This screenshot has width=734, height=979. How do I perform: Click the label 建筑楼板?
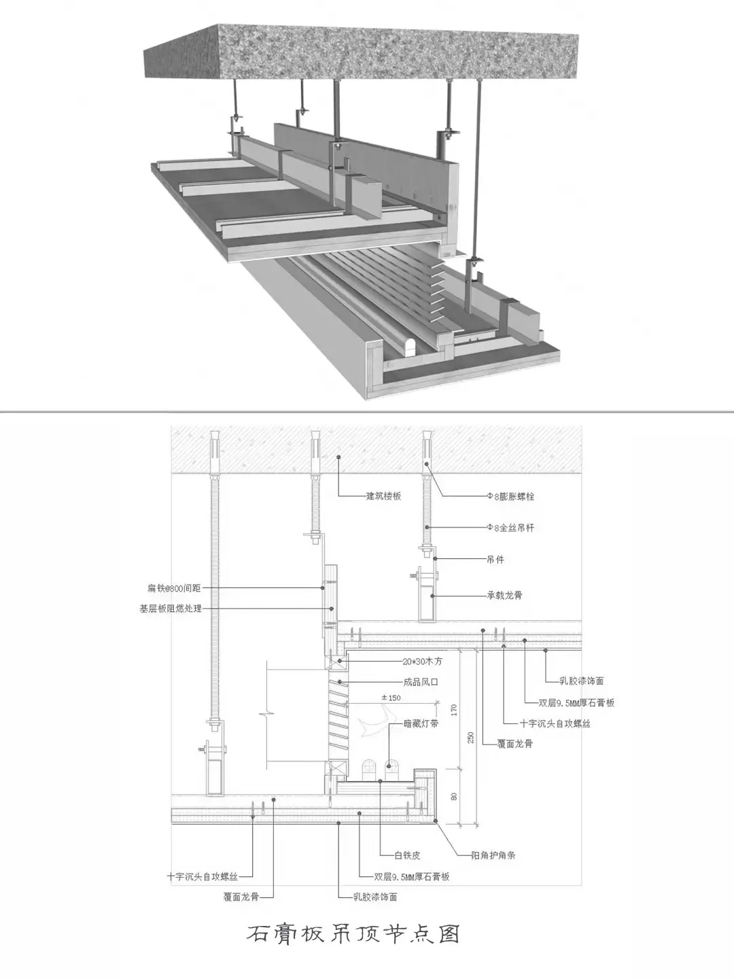[383, 496]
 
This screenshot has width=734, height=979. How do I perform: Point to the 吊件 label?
[495, 560]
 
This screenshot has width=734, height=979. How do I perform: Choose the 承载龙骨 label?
[504, 596]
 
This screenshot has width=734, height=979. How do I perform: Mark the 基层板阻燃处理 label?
[171, 609]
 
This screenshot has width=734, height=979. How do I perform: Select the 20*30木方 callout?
[422, 661]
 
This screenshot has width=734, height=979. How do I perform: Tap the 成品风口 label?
[421, 682]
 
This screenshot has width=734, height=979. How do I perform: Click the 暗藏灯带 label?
[421, 723]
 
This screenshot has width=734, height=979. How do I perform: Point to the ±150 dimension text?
[391, 698]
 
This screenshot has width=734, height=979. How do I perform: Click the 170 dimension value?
[454, 710]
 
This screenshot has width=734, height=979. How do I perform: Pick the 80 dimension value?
[454, 795]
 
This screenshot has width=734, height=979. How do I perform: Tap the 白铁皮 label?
[407, 856]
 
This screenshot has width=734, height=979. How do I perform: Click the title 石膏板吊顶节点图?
[353, 933]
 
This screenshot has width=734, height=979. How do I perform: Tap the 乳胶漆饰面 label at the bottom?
[375, 897]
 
